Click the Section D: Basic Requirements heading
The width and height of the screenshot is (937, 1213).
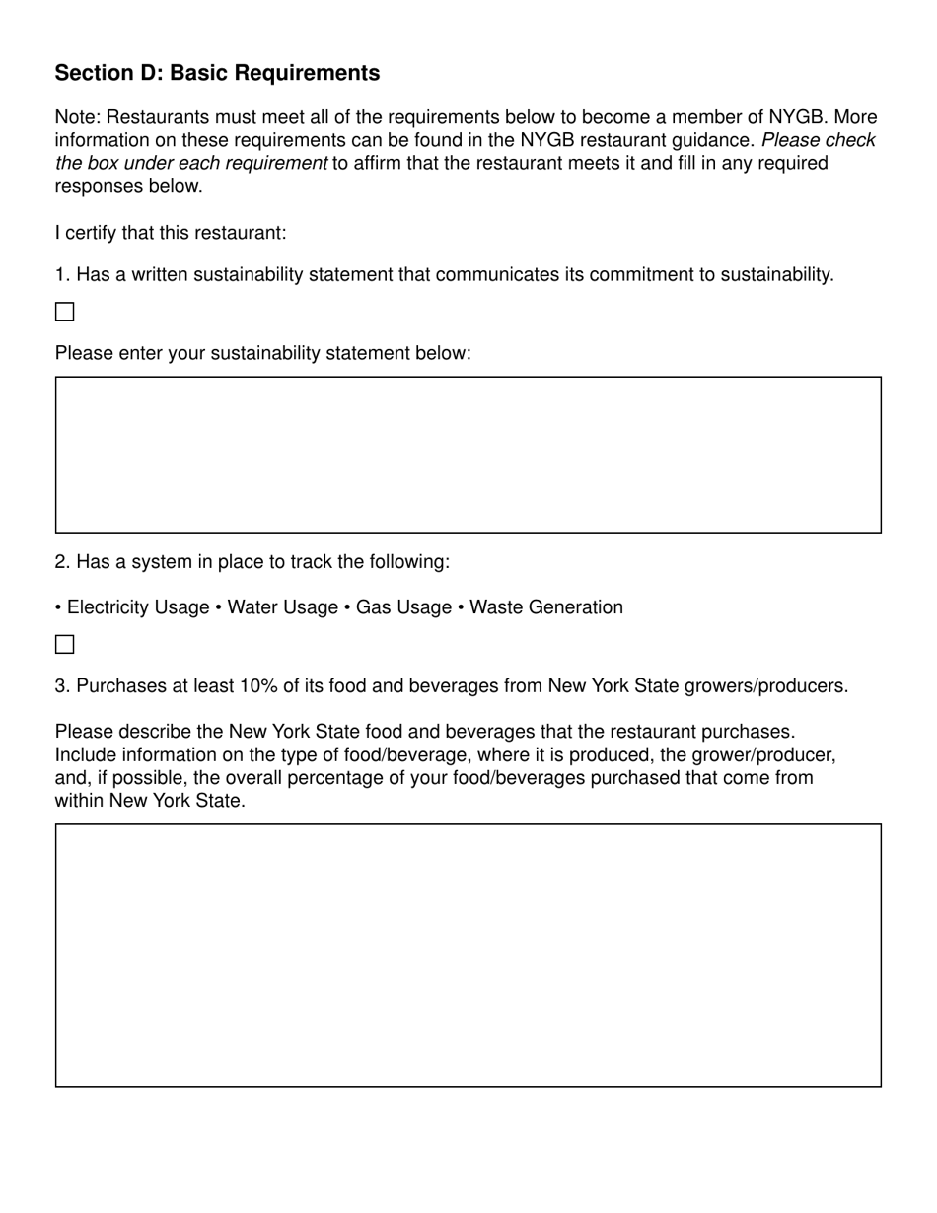(x=217, y=73)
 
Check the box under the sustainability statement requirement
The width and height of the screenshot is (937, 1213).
(x=65, y=312)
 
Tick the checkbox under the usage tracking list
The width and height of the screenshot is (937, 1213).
(x=65, y=645)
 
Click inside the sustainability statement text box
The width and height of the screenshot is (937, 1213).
(x=468, y=455)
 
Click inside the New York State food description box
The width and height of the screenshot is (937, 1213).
(x=468, y=955)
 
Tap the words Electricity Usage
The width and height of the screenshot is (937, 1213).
(x=138, y=607)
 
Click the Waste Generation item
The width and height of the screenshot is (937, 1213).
(x=545, y=607)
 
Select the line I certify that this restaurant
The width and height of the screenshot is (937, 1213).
(x=171, y=233)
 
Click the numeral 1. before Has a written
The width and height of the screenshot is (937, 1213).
(x=62, y=274)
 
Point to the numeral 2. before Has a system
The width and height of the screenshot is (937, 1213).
(x=62, y=562)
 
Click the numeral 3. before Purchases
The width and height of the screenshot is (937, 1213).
(x=62, y=686)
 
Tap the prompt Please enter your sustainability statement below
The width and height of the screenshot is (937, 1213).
(x=262, y=353)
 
